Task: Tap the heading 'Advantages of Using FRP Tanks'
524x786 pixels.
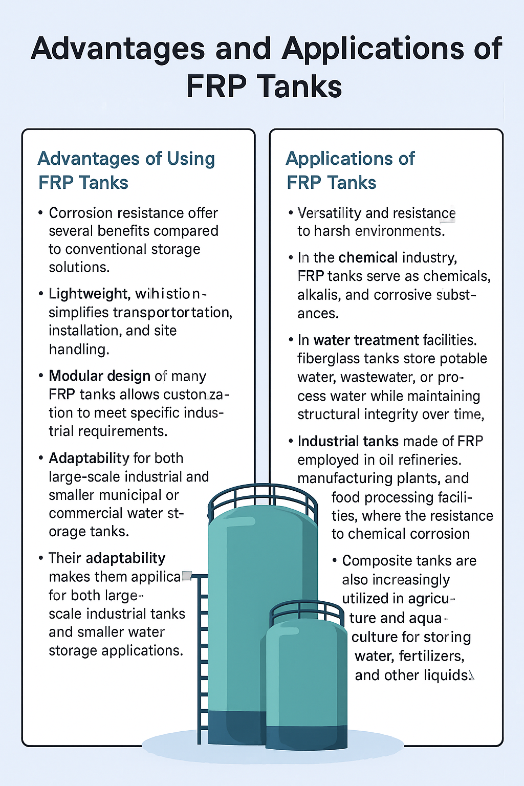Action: tap(126, 170)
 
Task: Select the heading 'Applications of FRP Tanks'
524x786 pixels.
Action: tap(350, 170)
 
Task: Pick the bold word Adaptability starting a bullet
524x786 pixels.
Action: tap(89, 458)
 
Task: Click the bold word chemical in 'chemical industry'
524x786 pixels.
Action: tap(368, 257)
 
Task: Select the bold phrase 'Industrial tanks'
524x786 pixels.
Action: tap(348, 441)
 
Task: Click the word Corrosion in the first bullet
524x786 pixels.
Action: tap(80, 213)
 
